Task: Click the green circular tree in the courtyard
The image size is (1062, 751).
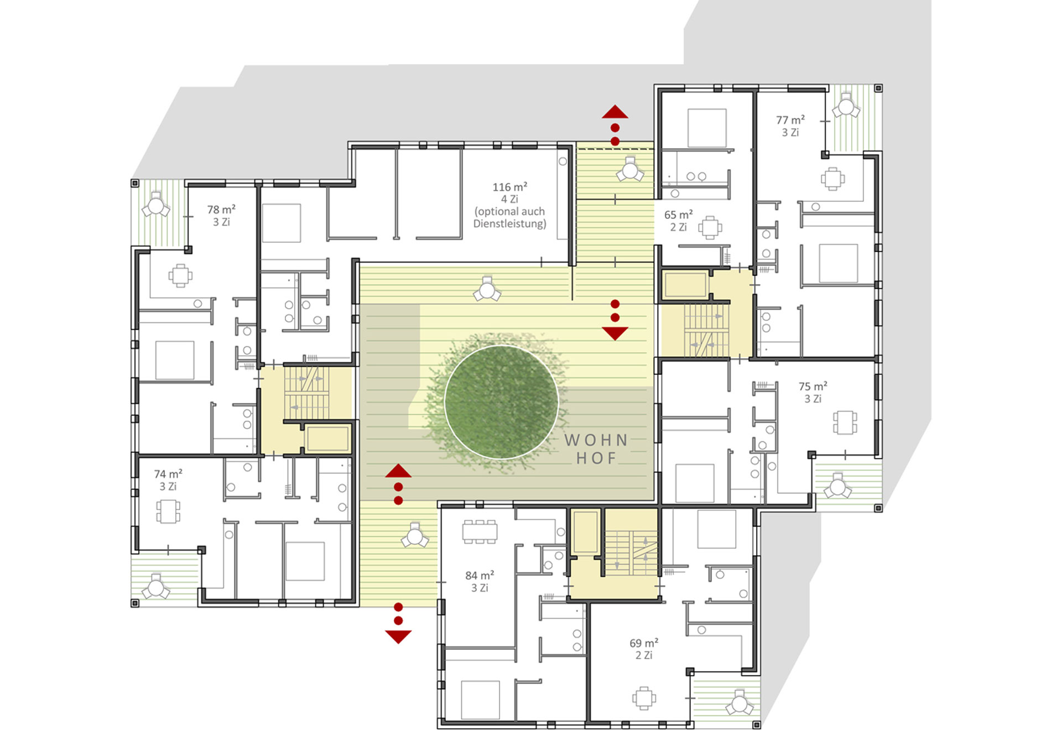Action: pyautogui.click(x=501, y=402)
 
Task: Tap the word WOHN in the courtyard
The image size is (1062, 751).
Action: pyautogui.click(x=596, y=440)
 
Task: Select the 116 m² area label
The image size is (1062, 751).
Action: pyautogui.click(x=509, y=187)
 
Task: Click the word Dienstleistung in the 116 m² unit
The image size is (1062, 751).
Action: pyautogui.click(x=509, y=224)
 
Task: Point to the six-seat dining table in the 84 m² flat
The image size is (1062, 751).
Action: pyautogui.click(x=480, y=531)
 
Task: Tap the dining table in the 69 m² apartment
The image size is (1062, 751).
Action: pyautogui.click(x=644, y=698)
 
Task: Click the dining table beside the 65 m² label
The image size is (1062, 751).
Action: pyautogui.click(x=710, y=227)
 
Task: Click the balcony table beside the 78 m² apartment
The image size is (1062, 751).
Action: pyautogui.click(x=156, y=205)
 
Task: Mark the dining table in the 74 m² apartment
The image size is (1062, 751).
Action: pyautogui.click(x=168, y=512)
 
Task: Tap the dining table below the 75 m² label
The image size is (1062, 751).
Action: pyautogui.click(x=845, y=423)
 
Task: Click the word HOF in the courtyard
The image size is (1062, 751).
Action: pyautogui.click(x=596, y=458)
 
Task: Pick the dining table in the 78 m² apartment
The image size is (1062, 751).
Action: pyautogui.click(x=180, y=275)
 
